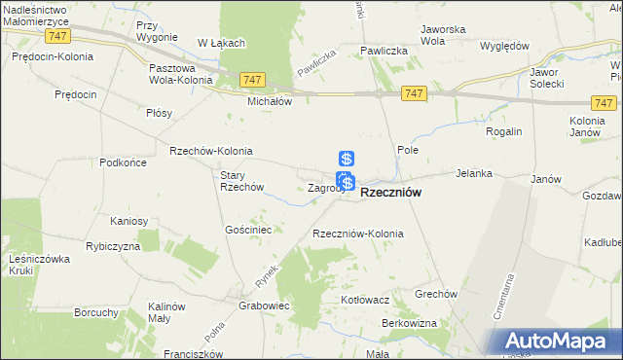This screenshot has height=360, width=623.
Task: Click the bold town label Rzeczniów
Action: [390, 194]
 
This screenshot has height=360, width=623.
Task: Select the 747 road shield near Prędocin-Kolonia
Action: [55, 34]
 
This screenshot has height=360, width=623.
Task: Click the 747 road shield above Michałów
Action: [251, 79]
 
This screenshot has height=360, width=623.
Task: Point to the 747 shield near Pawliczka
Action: [415, 92]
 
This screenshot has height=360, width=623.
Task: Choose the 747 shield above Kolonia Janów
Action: [604, 102]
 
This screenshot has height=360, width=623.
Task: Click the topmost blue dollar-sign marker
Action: [346, 159]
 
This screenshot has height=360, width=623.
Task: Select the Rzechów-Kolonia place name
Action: [211, 151]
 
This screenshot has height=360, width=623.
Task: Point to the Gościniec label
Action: [247, 230]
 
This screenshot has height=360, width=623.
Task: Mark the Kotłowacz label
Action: [365, 301]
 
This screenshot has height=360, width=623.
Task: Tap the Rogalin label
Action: [504, 131]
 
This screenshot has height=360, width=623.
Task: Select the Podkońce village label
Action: [123, 162]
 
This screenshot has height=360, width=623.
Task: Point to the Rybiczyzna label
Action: [113, 246]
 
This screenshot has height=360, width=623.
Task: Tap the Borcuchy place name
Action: [96, 313]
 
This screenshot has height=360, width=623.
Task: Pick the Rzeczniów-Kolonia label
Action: [357, 234]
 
